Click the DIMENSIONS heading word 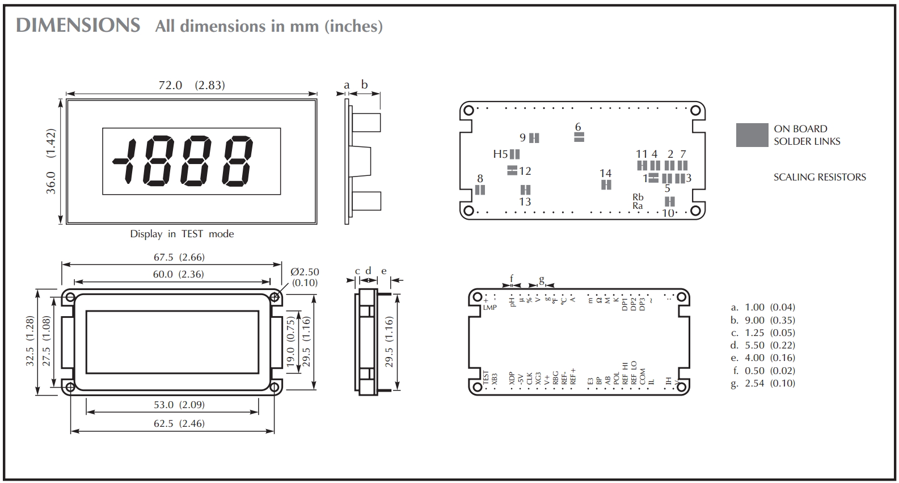(x=78, y=26)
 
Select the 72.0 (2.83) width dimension (x=192, y=85)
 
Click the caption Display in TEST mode (x=182, y=234)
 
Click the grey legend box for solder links (x=752, y=135)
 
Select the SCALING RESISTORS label (x=820, y=177)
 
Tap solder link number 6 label (x=578, y=127)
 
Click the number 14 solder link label (x=606, y=173)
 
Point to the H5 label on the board (x=500, y=154)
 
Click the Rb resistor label (x=638, y=198)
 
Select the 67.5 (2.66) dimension (x=179, y=257)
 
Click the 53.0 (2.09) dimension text (x=179, y=405)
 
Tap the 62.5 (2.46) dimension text (x=179, y=423)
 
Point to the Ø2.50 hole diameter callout (x=305, y=272)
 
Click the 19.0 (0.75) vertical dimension (x=291, y=343)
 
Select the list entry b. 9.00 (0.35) (x=763, y=320)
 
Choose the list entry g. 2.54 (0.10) (x=763, y=383)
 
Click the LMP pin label (x=489, y=308)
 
